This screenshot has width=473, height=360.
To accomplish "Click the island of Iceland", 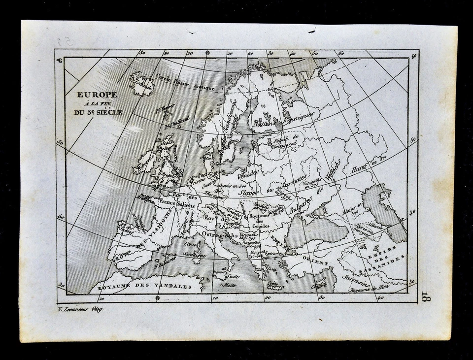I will pos(141,85).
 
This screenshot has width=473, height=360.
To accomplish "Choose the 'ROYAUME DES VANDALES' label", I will pos(137,286).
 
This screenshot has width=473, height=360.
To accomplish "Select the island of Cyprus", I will pos(320,283).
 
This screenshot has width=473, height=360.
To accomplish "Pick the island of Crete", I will pos(276,286).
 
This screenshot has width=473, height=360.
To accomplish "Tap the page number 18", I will pos(425,295).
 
